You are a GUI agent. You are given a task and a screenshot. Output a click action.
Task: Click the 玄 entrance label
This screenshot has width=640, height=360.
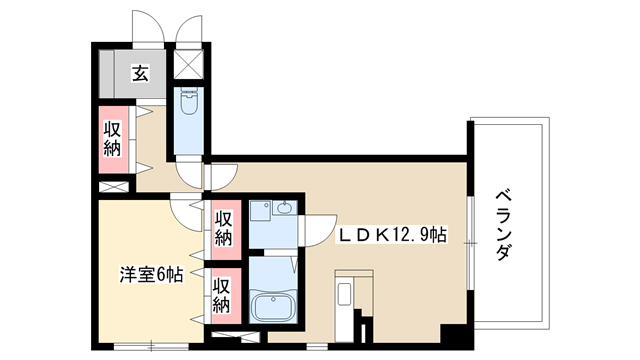tap(140, 73)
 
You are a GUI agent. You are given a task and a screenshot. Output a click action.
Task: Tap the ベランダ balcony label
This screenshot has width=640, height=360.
tap(503, 225)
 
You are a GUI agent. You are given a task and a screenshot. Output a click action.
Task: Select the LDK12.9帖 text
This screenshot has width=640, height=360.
tap(391, 235)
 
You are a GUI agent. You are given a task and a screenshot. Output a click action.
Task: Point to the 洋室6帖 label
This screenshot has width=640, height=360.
tap(151, 275)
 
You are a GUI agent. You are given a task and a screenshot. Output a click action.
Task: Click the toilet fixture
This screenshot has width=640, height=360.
tap(189, 101)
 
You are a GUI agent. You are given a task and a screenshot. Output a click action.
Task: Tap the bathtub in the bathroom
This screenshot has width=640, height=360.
tap(272, 306)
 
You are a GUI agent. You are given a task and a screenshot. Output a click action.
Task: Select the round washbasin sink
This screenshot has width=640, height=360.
tap(284, 208)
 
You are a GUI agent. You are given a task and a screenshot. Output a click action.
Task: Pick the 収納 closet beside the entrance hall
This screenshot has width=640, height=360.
tap(113, 139)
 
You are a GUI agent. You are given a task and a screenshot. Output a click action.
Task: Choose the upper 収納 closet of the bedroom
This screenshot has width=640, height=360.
tap(224, 230)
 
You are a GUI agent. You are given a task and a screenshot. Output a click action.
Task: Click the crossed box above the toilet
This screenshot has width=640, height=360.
tap(189, 64)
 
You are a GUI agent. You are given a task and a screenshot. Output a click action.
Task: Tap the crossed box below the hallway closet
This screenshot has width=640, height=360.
tap(114, 187)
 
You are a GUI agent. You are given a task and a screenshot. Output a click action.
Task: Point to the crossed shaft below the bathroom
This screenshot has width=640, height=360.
tap(236, 337)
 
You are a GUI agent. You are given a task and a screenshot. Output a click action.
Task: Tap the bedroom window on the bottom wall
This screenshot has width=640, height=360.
tap(151, 347)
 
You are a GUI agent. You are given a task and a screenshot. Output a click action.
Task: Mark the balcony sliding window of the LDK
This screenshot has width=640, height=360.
tap(470, 244)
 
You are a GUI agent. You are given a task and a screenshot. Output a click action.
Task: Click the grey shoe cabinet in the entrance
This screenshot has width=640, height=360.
tap(107, 73)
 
